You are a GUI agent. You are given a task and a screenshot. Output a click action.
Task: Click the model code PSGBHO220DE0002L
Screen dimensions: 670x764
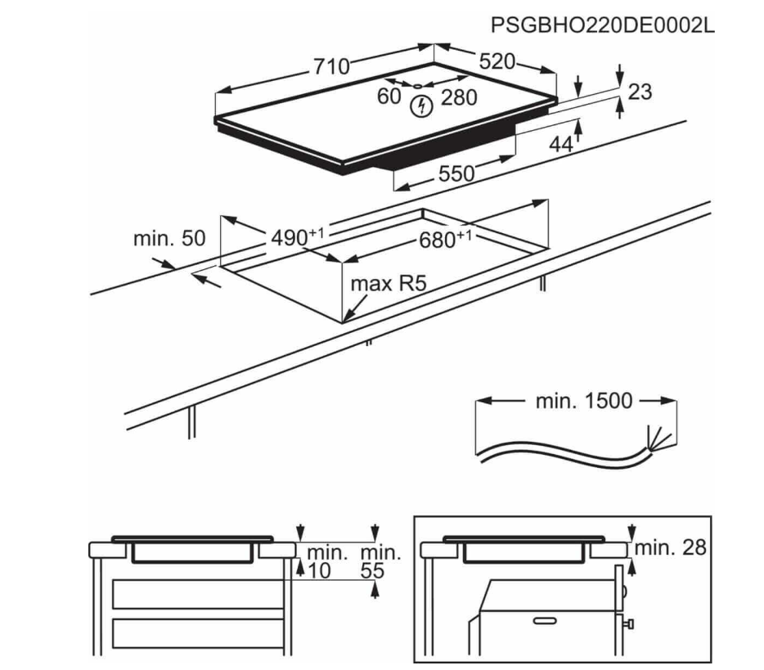click(602, 25)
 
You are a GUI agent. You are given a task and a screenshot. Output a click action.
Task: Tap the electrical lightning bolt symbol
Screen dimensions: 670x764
click(421, 105)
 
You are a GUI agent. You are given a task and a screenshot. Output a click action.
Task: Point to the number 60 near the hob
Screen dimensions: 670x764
click(389, 97)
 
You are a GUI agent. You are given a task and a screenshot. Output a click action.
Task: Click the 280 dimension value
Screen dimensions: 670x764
click(458, 98)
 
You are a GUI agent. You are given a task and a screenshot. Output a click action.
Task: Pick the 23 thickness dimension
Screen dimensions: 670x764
click(640, 92)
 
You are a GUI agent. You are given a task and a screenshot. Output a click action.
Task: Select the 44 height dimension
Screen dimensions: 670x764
click(560, 145)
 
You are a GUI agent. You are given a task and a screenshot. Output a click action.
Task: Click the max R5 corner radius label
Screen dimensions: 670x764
click(389, 285)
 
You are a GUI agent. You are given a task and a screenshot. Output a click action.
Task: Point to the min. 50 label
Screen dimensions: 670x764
click(169, 239)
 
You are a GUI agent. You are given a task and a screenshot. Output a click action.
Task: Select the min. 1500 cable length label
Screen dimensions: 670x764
click(584, 401)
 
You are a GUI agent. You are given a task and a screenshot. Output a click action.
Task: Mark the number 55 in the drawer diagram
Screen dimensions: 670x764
click(373, 571)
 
